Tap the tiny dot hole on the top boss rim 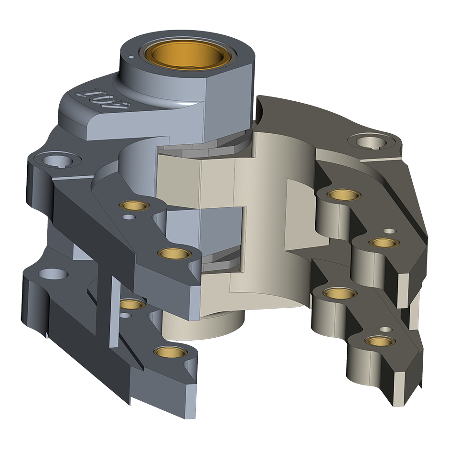[x=131, y=57]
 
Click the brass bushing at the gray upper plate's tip [x=175, y=253]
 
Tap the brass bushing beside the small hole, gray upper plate [x=134, y=205]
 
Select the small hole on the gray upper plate [x=129, y=217]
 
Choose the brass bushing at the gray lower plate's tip [x=171, y=352]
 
